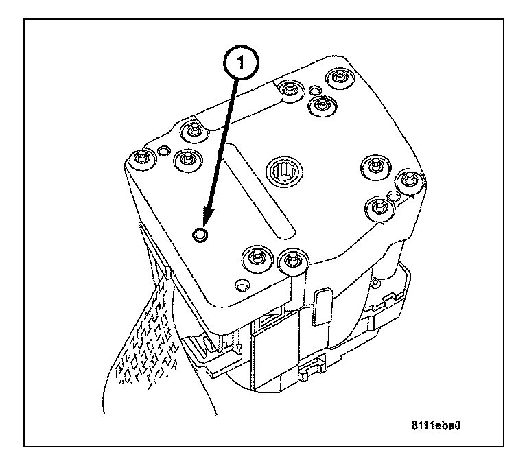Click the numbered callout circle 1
[x=241, y=63]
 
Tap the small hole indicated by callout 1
[x=200, y=234]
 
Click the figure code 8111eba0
[x=436, y=425]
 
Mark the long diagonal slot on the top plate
[x=261, y=191]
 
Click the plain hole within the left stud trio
[x=164, y=151]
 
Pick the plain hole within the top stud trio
[x=315, y=90]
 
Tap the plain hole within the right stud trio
[x=393, y=195]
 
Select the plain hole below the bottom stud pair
[x=242, y=285]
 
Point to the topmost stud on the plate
[x=340, y=78]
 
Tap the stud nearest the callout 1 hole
[x=257, y=259]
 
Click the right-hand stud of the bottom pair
[x=293, y=262]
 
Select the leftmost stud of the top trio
[x=289, y=90]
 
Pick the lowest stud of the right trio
[x=379, y=209]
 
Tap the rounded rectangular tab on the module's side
[x=322, y=306]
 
